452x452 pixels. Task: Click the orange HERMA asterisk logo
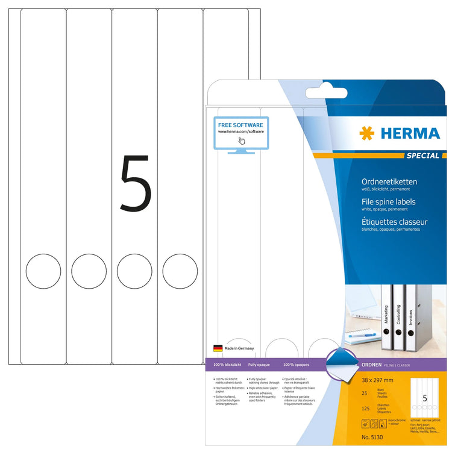click(366, 133)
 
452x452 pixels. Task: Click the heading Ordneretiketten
click(389, 181)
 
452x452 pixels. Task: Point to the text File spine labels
click(389, 201)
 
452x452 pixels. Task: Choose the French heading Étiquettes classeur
click(394, 222)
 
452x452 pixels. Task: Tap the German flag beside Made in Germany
click(218, 348)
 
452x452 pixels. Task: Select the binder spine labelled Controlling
click(398, 319)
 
